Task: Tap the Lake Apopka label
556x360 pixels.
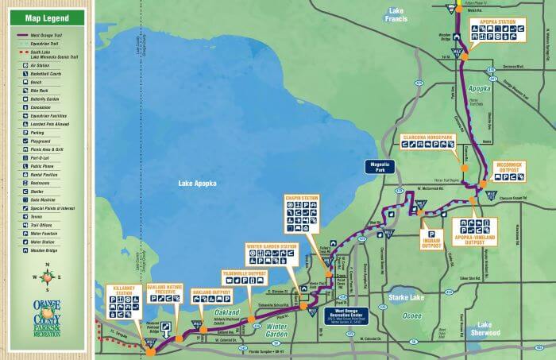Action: tap(195, 184)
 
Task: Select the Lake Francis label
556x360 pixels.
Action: tap(395, 14)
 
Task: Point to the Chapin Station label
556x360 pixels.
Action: tap(301, 196)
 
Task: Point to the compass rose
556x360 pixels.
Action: tap(47, 277)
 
